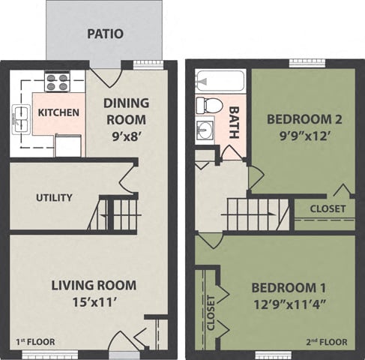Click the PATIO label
(x=105, y=34)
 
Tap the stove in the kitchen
(x=55, y=81)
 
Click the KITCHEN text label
(x=58, y=112)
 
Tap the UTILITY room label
(x=55, y=198)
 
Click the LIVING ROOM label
(x=94, y=285)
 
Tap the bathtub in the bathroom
(x=220, y=81)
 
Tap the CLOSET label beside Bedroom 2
(x=328, y=208)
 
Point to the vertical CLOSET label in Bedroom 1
(x=211, y=311)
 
